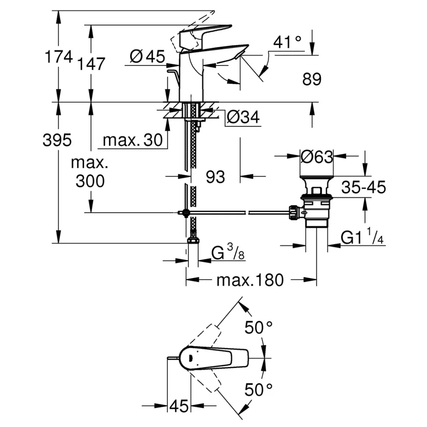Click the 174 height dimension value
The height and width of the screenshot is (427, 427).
[59, 57]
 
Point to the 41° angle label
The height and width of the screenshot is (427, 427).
[287, 42]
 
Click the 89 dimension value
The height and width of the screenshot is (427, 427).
[312, 79]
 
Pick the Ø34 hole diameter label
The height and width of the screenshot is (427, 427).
[243, 117]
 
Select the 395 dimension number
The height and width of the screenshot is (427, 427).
[57, 140]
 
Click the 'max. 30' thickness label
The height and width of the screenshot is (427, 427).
[133, 140]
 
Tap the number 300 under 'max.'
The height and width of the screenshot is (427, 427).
[90, 181]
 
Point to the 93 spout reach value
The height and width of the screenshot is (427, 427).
[215, 177]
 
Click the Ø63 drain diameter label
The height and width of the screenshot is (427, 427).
[317, 157]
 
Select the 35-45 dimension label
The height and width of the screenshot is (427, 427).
[363, 187]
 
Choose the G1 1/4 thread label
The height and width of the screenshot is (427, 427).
[363, 238]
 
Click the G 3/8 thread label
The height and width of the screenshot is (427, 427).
[228, 254]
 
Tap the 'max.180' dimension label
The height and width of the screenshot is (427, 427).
[250, 280]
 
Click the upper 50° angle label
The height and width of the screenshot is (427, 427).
[259, 327]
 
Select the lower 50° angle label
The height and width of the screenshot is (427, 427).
[259, 389]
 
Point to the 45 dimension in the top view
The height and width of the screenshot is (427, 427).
[179, 406]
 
